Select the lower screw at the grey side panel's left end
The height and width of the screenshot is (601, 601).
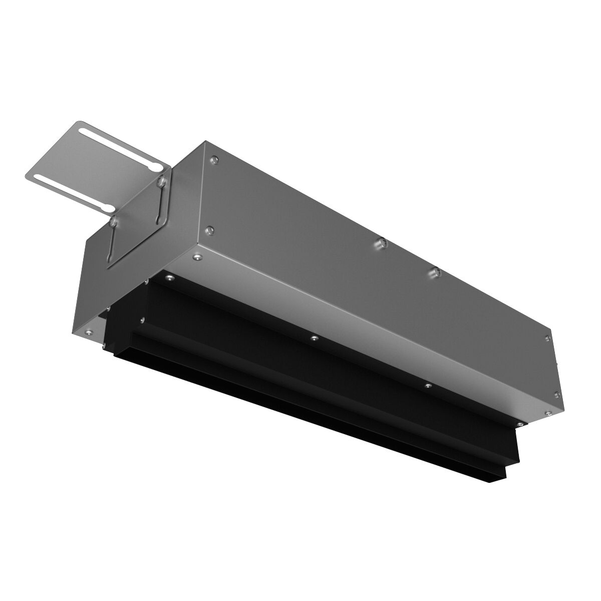point(210,230)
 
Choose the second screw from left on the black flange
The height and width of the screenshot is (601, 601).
point(313,338)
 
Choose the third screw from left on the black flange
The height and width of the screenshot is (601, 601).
point(427,386)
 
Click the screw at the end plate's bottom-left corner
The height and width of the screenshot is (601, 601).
point(89,331)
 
